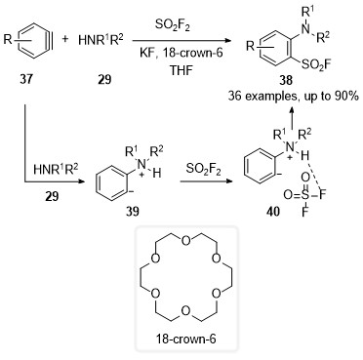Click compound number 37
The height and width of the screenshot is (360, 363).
click(26, 79)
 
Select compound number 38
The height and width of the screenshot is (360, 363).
click(286, 80)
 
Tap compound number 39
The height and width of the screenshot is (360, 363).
click(133, 212)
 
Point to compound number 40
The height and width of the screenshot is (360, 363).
click(272, 212)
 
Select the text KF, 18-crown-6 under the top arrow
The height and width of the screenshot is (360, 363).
click(181, 53)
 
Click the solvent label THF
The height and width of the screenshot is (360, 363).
click(181, 70)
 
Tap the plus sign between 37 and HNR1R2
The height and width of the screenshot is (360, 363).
click(65, 39)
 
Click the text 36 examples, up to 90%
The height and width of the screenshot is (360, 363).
click(293, 97)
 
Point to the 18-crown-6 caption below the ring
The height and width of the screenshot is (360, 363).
click(186, 340)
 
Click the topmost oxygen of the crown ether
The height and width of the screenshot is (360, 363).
click(185, 241)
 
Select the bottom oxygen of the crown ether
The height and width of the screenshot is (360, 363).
click(185, 311)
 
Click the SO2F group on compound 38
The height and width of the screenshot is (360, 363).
click(316, 64)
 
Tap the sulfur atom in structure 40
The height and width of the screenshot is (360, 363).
click(304, 195)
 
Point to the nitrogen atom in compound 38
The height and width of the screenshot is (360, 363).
click(305, 29)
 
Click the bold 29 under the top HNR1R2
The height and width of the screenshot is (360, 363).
click(104, 79)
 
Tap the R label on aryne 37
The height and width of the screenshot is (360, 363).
click(8, 39)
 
